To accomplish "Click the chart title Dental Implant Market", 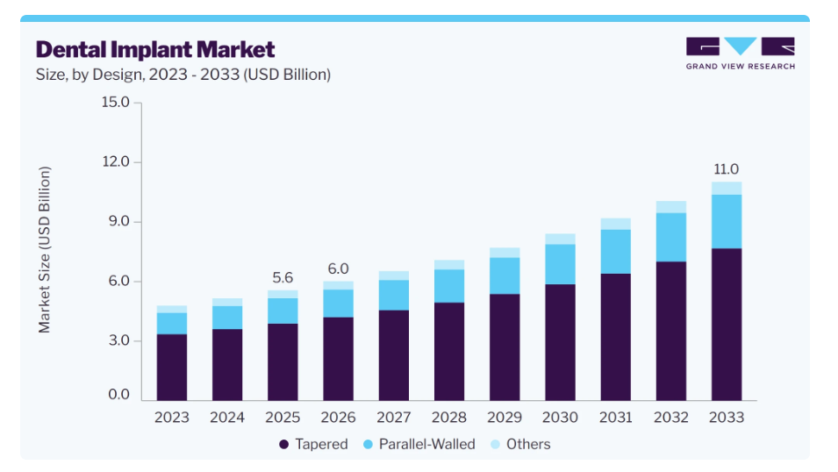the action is tap(155, 50).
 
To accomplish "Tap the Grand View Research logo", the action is tap(741, 54).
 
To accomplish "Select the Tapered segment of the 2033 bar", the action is tap(727, 325).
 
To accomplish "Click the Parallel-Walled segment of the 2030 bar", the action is tap(560, 264).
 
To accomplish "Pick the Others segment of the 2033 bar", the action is tap(727, 188).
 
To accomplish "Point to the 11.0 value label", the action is tap(727, 169).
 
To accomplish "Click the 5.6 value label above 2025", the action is tap(283, 278).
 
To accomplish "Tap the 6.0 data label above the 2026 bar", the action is tap(339, 268).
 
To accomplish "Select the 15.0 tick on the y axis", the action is tap(116, 102).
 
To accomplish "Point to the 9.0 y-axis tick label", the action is tap(118, 221).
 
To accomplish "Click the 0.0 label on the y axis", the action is tap(118, 395).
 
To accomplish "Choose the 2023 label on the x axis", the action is tap(172, 418).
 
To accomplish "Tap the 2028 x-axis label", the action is tap(449, 418).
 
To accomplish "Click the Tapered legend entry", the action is tap(313, 444).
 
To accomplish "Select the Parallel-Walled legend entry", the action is tap(419, 444).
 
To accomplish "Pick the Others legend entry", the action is tap(520, 444).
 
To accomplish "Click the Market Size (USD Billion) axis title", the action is tap(45, 250).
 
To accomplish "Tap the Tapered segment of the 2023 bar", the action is tap(172, 368).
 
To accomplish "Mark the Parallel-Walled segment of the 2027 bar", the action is tap(394, 295).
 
